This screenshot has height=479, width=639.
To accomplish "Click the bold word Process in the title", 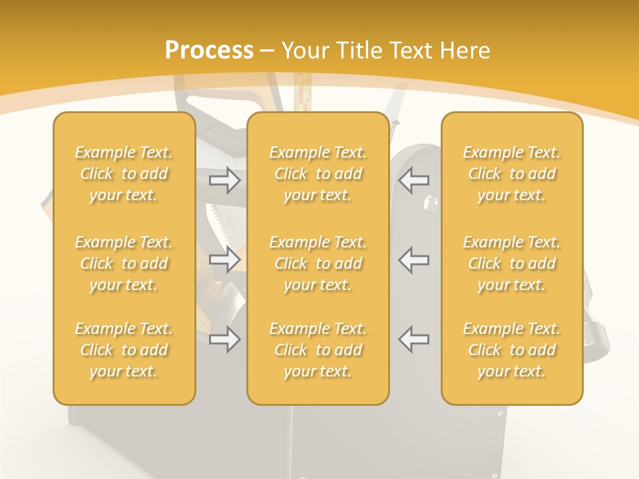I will (209, 51).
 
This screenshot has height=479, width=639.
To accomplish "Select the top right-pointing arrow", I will (225, 180).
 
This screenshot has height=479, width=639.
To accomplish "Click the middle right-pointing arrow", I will (225, 259).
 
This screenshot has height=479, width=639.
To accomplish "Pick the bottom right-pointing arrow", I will (225, 339).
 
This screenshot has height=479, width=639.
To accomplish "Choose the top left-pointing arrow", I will (414, 180).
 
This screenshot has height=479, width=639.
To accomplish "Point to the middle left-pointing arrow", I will (414, 259).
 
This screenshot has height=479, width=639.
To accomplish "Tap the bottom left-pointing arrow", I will (414, 339).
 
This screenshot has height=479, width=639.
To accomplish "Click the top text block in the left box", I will (124, 174).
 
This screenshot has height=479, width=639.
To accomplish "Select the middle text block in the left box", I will (124, 263).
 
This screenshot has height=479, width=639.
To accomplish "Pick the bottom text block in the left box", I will (124, 350).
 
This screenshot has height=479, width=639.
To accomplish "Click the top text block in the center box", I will (318, 174).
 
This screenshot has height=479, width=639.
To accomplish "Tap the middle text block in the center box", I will (318, 263).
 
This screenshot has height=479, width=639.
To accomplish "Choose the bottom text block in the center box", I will (318, 350).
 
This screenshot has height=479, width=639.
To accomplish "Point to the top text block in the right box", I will (512, 174).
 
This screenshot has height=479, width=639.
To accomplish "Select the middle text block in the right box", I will (512, 263).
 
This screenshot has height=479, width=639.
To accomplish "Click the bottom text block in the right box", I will (512, 350).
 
